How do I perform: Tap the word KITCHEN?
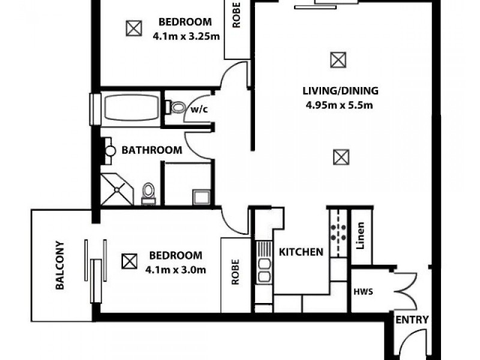(x=301, y=252)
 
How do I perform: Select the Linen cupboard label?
(x=361, y=236)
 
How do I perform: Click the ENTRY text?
(x=412, y=320)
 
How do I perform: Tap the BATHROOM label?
(x=152, y=150)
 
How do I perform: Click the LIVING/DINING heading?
(x=340, y=91)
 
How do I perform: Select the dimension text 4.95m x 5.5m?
(x=340, y=106)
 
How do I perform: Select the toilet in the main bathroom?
(x=148, y=193)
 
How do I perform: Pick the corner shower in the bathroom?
(x=118, y=190)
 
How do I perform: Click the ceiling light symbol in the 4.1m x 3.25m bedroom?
(x=133, y=28)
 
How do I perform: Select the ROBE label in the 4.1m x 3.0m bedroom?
(x=235, y=275)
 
